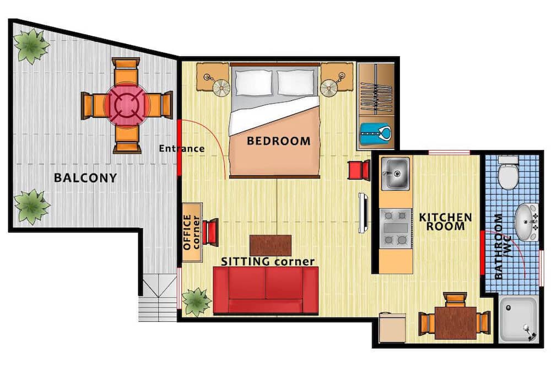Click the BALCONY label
click(x=85, y=177)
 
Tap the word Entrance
click(x=182, y=148)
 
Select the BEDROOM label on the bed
click(x=279, y=141)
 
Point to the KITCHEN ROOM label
click(x=446, y=222)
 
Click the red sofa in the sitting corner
click(x=266, y=290)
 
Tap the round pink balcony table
click(x=127, y=104)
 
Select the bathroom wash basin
click(x=526, y=222)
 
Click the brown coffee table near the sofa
click(x=270, y=245)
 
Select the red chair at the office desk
click(x=211, y=232)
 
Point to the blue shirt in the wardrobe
click(x=376, y=133)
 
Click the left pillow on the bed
click(x=253, y=83)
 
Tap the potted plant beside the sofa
click(x=197, y=302)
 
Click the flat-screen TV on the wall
click(x=363, y=213)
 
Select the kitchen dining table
click(x=456, y=323)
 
